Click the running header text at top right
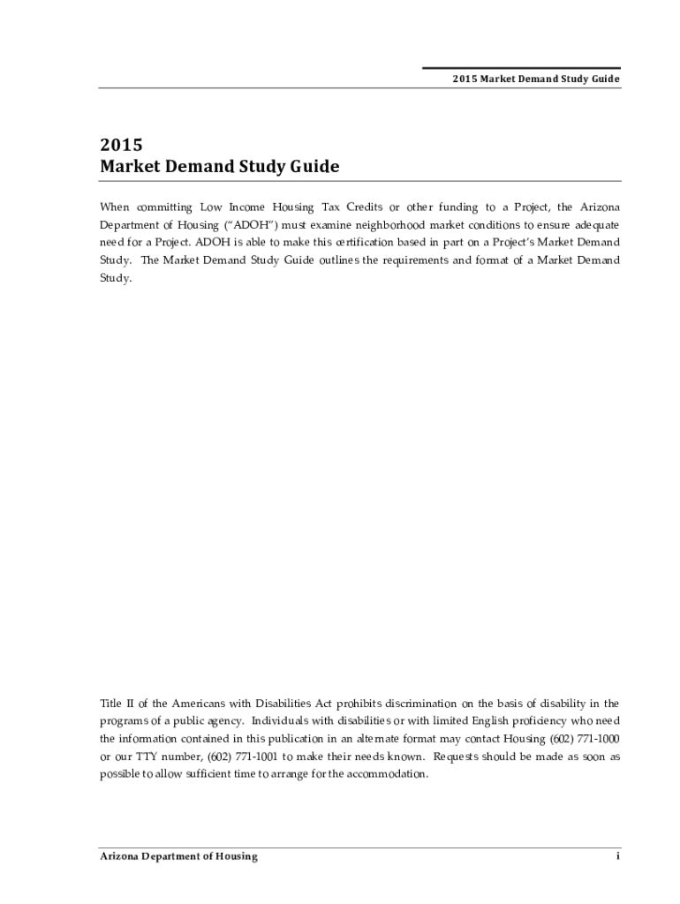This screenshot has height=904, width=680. coord(536,79)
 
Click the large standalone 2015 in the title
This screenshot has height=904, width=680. coord(121,144)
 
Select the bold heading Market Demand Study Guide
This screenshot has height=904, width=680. coord(219,167)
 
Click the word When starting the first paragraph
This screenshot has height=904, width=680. coord(114,207)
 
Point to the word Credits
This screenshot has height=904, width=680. coord(364,207)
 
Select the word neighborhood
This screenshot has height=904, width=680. coord(381,225)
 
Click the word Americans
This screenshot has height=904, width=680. coord(205,704)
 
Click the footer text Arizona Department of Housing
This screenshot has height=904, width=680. coord(178,856)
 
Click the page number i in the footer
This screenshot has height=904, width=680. coord(617,856)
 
